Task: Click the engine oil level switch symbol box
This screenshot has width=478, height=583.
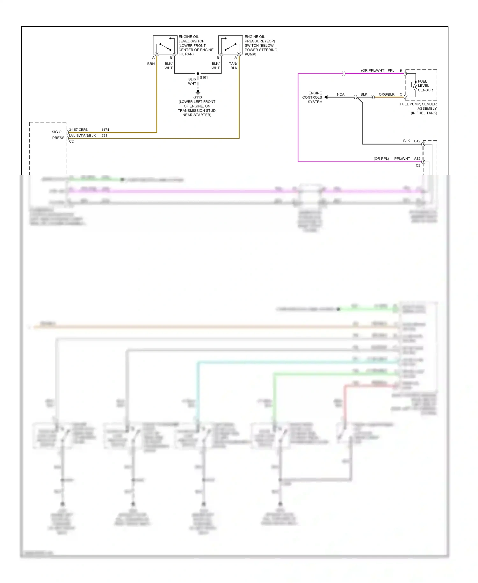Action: [x=165, y=45]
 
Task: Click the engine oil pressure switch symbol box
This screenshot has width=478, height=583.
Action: [x=230, y=45]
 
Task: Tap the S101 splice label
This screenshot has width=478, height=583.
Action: [x=204, y=77]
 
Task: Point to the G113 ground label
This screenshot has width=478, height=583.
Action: [x=198, y=97]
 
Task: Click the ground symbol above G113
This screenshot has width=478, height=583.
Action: [x=198, y=92]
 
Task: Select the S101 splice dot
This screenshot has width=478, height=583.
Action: [x=198, y=74]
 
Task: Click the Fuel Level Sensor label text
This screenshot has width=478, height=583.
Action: [x=425, y=86]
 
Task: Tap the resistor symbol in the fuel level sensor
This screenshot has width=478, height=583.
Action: [x=415, y=86]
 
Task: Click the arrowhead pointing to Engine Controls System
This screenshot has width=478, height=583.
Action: [x=326, y=97]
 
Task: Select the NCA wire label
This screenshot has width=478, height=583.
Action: [x=340, y=94]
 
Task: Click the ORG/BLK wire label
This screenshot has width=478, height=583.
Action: [x=386, y=94]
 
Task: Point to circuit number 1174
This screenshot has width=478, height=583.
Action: [x=105, y=130]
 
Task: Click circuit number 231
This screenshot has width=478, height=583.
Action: [x=104, y=136]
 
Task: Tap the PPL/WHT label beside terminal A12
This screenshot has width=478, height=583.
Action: [x=402, y=159]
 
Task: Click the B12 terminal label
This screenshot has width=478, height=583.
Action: [x=417, y=141]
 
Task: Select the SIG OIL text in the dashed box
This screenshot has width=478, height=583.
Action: [x=58, y=132]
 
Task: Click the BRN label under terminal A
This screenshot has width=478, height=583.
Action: [x=151, y=64]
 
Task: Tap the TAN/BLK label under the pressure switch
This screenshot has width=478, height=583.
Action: [x=233, y=66]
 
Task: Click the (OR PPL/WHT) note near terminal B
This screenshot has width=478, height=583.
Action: [x=373, y=70]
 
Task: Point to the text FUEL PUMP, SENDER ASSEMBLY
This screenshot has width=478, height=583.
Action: [x=418, y=106]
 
